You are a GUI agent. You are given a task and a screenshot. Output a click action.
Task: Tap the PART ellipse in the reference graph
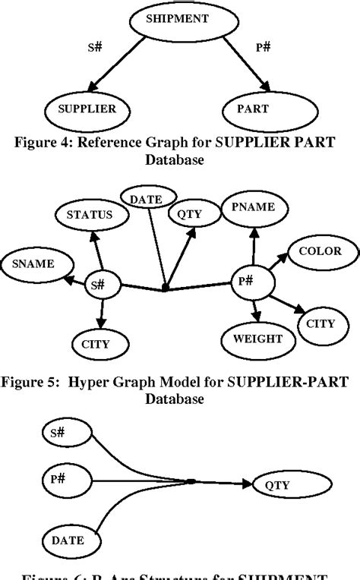pyautogui.click(x=264, y=109)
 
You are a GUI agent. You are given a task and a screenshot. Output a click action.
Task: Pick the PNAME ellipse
pyautogui.click(x=254, y=208)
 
